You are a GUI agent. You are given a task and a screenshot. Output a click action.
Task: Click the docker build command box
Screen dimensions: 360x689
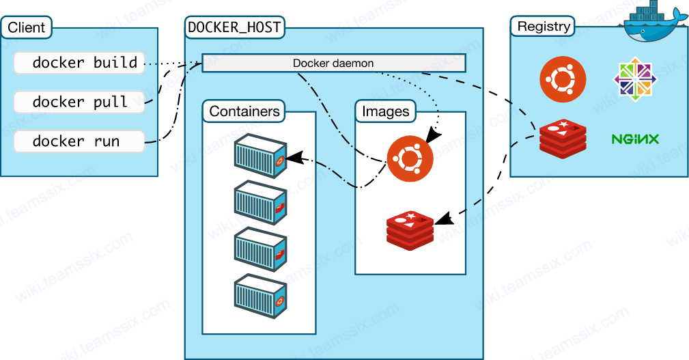coord(79,63)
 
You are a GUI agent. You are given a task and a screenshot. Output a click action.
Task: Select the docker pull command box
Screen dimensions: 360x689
coord(79,102)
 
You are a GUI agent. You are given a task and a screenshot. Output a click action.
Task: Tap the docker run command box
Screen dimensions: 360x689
coord(79,142)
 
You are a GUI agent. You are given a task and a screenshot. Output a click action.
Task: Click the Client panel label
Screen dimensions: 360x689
coord(27,28)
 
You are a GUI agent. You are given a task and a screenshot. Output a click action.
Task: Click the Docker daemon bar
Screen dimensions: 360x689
coord(333,64)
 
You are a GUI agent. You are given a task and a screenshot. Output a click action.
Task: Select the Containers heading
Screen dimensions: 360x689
coord(244,111)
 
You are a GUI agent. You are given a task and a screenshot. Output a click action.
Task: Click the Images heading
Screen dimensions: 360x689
coord(386,111)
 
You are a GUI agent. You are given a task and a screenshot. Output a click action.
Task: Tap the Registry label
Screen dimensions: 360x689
coord(544,27)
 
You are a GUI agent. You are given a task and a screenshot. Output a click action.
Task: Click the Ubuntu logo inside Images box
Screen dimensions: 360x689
coord(410,159)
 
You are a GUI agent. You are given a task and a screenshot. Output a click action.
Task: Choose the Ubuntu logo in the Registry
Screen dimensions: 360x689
coord(563,79)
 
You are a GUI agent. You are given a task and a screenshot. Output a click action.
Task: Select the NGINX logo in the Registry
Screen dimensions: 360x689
coord(635,139)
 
